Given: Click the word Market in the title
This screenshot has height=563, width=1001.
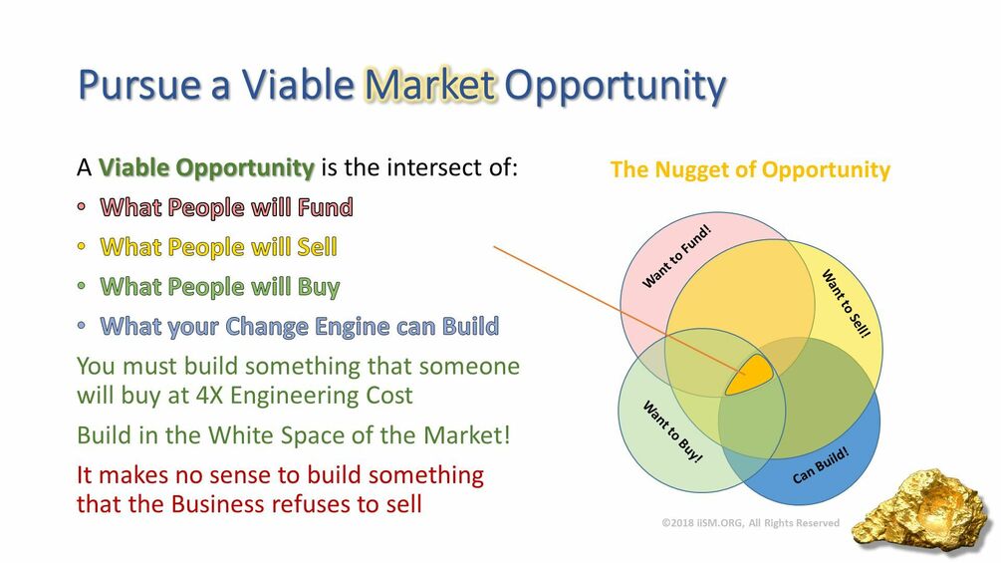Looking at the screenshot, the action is (429, 85).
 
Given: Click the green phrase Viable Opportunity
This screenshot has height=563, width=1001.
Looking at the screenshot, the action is (206, 167).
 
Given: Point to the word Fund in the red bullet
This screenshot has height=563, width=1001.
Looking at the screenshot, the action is (325, 207).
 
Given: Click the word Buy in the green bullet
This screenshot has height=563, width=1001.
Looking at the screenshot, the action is (318, 287).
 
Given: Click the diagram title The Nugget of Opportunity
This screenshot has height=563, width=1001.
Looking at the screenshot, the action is (750, 169).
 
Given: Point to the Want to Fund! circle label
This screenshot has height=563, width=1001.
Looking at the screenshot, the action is (676, 257).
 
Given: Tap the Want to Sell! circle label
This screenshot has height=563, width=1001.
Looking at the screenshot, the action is (846, 304).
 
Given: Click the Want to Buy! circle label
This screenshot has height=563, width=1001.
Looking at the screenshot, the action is (672, 431).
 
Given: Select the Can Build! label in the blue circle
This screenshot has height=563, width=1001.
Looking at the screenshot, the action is (821, 465).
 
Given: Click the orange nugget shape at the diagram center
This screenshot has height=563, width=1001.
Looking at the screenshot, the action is (749, 375).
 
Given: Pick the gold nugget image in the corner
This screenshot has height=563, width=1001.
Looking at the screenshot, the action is (923, 508).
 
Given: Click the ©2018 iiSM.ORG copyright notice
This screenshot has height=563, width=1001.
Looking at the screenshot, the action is (751, 523).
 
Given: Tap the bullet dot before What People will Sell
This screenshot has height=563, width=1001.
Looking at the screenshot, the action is (81, 246).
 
